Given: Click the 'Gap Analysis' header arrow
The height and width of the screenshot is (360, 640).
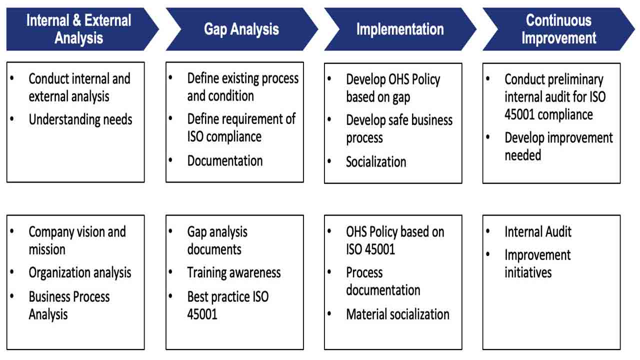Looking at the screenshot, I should click(x=241, y=29).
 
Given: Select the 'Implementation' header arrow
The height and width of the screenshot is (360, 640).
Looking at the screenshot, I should click(x=399, y=29).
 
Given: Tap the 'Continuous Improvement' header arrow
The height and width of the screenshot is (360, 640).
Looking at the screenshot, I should click(x=558, y=29).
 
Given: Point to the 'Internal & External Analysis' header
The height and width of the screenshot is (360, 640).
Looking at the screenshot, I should click(x=79, y=29).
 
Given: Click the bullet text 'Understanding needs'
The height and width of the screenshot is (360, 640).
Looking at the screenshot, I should click(x=80, y=119).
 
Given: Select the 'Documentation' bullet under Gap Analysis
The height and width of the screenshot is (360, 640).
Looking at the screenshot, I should click(x=224, y=160).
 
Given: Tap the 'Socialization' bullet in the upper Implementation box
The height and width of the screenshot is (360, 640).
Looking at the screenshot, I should click(x=376, y=161).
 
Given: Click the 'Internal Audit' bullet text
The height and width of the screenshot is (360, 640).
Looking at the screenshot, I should click(x=538, y=231).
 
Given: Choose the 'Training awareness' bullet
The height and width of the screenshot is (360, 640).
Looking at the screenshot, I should click(x=233, y=272).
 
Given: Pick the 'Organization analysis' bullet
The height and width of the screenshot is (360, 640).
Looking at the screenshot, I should click(x=80, y=272).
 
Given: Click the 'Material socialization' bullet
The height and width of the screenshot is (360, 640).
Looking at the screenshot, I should click(x=397, y=314).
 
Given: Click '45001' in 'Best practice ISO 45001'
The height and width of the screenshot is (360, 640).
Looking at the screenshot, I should click(x=202, y=314).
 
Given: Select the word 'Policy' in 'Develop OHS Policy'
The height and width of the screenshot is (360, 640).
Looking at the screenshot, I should click(x=422, y=79).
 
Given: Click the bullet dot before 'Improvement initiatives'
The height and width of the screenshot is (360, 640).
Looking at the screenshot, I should click(x=488, y=254).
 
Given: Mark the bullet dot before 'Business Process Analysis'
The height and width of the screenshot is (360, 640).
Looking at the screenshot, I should click(x=12, y=296).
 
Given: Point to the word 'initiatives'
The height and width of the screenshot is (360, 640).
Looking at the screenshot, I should click(x=528, y=272).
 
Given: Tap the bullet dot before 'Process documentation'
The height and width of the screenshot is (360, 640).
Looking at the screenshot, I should click(x=330, y=272).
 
